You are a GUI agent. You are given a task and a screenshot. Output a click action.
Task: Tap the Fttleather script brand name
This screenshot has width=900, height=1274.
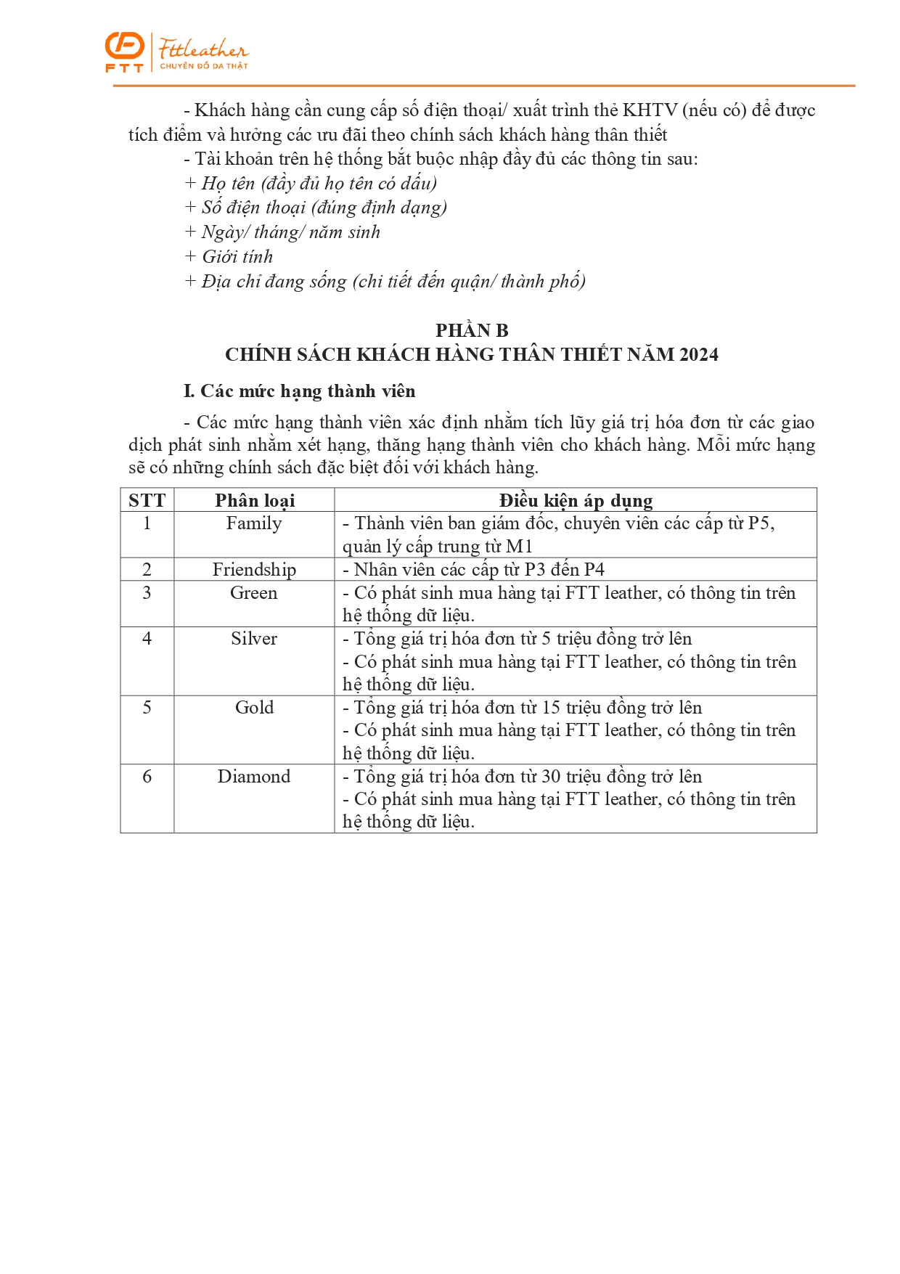click(204, 49)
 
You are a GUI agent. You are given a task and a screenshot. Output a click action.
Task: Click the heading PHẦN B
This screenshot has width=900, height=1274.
click(472, 330)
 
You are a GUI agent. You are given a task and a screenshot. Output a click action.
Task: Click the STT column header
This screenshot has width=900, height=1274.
click(147, 500)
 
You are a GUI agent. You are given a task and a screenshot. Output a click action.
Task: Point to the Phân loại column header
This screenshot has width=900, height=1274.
click(255, 500)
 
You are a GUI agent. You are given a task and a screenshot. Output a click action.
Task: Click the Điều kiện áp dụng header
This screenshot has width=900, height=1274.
click(576, 500)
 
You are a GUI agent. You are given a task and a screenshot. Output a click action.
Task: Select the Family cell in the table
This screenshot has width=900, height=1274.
click(254, 523)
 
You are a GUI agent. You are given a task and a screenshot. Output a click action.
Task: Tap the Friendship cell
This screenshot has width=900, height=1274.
click(254, 569)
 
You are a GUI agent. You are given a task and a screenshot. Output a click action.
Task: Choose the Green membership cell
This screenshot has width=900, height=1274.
click(254, 592)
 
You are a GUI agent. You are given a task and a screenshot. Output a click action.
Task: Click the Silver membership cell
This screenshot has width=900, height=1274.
click(254, 638)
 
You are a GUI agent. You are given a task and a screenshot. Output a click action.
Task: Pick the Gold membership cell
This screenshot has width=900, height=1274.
click(254, 707)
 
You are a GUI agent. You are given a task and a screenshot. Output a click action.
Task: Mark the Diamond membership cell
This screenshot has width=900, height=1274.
click(254, 776)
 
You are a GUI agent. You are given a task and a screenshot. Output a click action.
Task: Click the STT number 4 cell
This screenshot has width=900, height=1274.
click(147, 638)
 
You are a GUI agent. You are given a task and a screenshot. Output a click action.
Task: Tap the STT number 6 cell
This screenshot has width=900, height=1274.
click(147, 776)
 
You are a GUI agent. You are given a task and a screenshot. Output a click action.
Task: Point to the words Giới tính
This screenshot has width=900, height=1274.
click(237, 256)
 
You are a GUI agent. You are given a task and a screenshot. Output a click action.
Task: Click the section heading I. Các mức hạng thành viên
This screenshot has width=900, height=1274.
click(300, 391)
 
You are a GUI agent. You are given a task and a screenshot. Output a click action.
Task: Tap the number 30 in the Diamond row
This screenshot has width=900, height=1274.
click(551, 776)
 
